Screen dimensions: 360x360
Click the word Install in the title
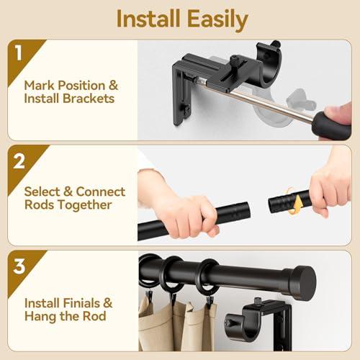[148, 19]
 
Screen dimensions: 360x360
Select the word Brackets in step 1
[87, 99]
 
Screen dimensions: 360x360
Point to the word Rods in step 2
[40, 205]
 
